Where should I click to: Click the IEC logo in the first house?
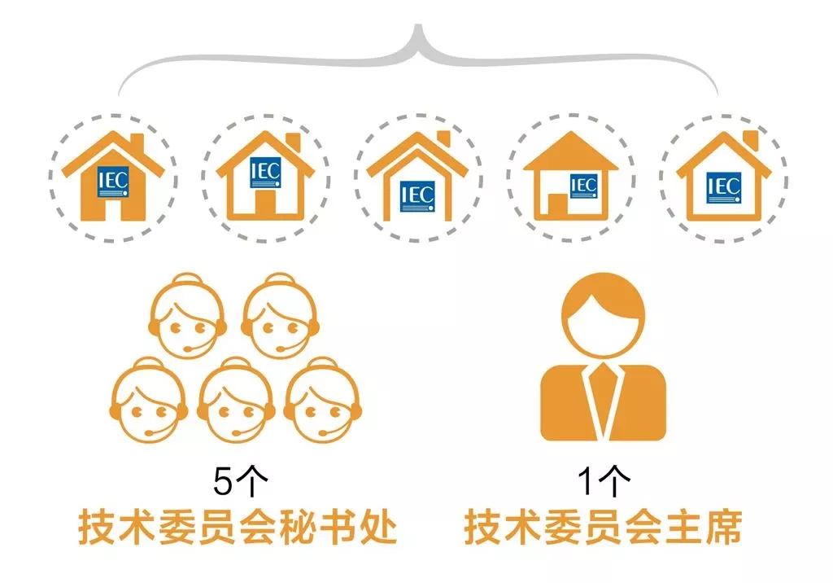point(112,182)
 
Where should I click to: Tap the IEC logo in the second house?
point(266,173)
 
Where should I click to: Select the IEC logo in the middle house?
point(417,196)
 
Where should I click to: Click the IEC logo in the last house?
point(723,187)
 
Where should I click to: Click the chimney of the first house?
point(137,142)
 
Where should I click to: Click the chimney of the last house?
point(751,140)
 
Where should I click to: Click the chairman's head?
point(603,315)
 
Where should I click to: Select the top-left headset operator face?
point(188,317)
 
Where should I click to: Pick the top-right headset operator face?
point(280,317)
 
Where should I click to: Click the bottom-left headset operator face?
point(149,401)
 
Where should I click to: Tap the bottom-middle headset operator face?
point(236,401)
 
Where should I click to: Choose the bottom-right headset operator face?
point(322,401)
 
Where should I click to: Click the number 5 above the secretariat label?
point(223,481)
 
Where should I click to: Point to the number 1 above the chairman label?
point(585,480)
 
